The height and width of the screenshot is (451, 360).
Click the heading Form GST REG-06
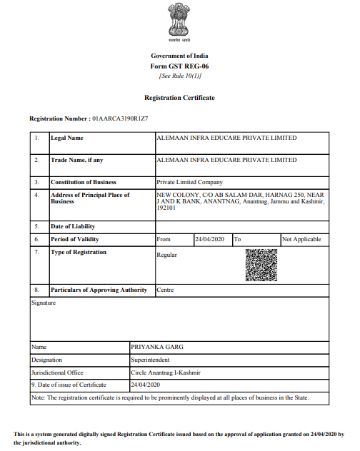pos(179,66)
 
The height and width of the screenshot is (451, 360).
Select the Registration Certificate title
pos(179,97)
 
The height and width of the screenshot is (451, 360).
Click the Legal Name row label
pos(67,138)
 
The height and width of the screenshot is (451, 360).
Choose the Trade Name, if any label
pos(77,161)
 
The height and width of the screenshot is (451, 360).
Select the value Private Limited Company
pos(189,182)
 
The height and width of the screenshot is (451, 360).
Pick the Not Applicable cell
pos(301,239)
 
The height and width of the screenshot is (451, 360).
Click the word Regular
pos(166,255)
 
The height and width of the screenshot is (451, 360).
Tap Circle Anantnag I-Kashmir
pos(166,373)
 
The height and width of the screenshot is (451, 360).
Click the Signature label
pos(44,303)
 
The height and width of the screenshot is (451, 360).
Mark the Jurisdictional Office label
pos(58,373)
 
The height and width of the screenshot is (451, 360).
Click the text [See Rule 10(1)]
pos(179,75)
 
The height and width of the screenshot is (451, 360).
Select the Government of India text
pos(179,56)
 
